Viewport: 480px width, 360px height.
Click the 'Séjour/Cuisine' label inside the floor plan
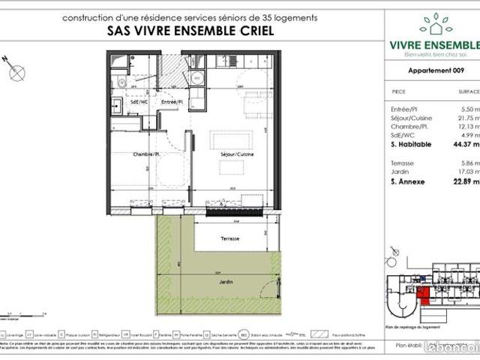[229, 154]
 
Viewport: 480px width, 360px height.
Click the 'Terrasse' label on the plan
[230, 238]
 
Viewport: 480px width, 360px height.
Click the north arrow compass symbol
[17, 70]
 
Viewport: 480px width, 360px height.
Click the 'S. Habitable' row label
[411, 144]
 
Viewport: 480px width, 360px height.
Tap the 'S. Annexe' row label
[408, 181]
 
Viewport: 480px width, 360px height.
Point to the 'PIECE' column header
[400, 91]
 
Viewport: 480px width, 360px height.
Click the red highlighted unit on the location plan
[424, 295]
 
